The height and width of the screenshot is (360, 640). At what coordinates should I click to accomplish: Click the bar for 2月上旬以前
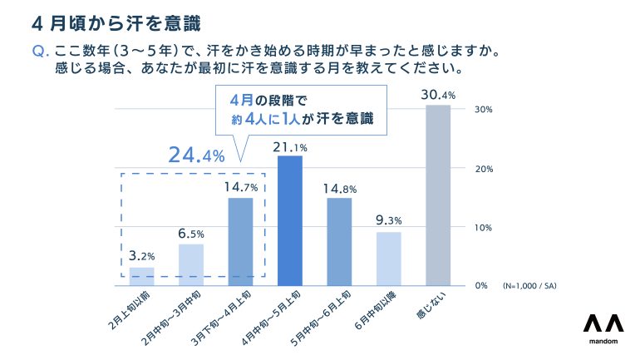pos(142,276)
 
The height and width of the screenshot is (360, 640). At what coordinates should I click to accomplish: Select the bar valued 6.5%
pos(191,264)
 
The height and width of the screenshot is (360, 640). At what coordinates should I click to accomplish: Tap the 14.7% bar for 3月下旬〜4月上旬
pos(240,241)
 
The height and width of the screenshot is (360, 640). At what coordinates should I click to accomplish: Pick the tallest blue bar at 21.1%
pos(289,220)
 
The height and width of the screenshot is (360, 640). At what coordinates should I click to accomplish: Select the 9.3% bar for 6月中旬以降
pos(388,258)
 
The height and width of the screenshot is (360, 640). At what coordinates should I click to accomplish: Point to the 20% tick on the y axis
pos(484,169)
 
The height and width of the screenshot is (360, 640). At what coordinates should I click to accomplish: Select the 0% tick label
pos(481,285)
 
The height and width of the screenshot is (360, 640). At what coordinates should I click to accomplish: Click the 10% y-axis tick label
pos(484,227)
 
